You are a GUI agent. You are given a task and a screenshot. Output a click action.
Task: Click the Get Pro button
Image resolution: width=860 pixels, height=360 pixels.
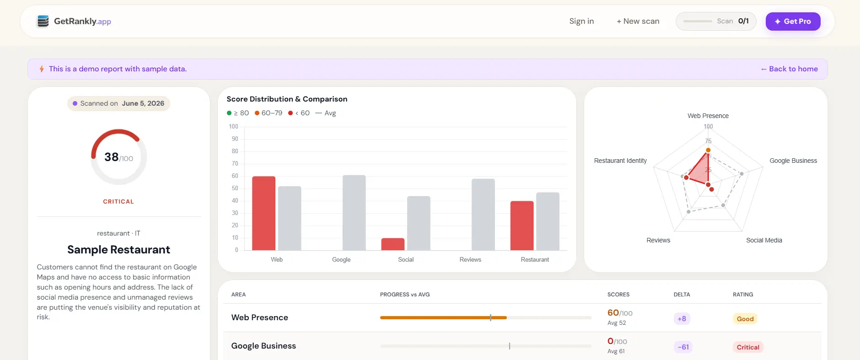(793, 21)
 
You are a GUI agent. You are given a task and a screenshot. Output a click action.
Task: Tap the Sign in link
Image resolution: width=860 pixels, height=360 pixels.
(581, 21)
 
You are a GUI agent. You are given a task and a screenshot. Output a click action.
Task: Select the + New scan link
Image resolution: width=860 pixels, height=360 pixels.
(638, 21)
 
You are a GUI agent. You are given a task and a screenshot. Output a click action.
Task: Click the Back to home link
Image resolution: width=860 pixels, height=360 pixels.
(789, 69)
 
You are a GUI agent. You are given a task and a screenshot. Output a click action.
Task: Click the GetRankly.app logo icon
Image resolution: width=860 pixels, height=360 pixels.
(43, 21)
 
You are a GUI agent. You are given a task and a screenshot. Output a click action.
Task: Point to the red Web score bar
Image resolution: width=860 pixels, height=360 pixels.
(263, 213)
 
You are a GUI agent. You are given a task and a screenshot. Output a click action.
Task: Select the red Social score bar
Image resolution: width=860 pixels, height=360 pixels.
(393, 244)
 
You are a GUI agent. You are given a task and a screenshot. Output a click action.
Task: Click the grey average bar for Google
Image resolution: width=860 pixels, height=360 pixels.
(354, 213)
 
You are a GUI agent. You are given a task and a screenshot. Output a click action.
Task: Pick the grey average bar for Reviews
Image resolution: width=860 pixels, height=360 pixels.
(483, 215)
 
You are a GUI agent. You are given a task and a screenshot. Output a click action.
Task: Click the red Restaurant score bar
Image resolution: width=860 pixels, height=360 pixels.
(522, 226)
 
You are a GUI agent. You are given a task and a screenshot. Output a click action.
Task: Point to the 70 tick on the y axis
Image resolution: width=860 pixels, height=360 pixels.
(235, 163)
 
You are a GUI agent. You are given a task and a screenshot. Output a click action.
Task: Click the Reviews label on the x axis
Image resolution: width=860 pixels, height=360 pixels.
(470, 259)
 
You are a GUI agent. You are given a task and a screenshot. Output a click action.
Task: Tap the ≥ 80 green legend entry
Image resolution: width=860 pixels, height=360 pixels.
(238, 113)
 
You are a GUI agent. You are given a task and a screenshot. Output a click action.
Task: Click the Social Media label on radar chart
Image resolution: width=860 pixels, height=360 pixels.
(764, 240)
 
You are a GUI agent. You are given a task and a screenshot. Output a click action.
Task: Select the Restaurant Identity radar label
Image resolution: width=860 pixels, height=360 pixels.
(620, 161)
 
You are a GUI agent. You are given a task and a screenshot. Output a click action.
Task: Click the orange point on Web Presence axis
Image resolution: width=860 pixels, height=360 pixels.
(708, 150)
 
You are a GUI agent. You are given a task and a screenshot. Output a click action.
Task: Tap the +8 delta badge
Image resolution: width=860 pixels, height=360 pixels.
(682, 319)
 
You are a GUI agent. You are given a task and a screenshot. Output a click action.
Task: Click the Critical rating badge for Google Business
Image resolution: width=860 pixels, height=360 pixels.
(748, 347)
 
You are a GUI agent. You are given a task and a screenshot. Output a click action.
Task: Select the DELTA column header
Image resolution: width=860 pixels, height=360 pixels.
(682, 295)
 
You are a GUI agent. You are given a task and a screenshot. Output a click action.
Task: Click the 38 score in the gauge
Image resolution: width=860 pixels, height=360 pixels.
(112, 157)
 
